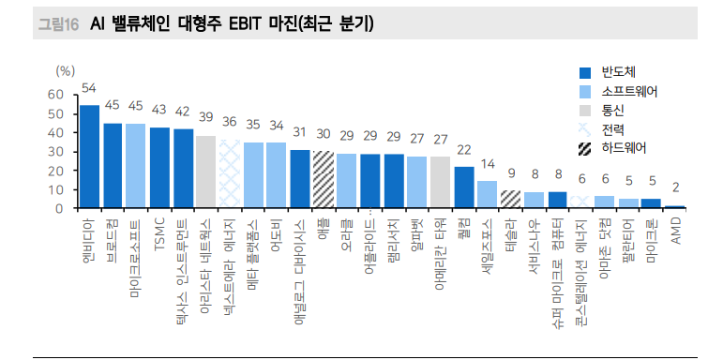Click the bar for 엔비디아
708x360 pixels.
[89, 157]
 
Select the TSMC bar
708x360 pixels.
[159, 168]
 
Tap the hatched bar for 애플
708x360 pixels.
[324, 179]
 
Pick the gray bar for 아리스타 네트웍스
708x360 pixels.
[205, 172]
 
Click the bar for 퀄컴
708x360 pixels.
[463, 187]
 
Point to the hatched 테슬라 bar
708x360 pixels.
[510, 199]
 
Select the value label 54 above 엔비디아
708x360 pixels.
[89, 88]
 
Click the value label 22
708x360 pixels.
[463, 149]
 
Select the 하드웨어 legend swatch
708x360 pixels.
[585, 148]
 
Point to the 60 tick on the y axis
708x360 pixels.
[53, 94]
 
